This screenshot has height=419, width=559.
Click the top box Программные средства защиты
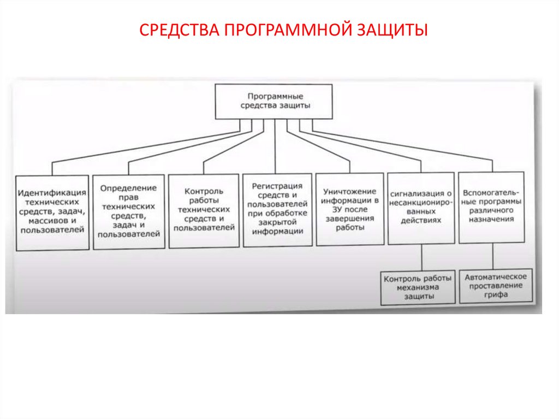[x=273, y=101]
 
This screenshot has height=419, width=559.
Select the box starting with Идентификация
[x=52, y=212]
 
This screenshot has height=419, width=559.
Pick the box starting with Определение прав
[x=128, y=211]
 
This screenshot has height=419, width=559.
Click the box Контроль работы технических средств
[x=204, y=210]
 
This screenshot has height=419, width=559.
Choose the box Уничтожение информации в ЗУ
[x=349, y=209]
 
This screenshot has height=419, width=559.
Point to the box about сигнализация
[x=421, y=208]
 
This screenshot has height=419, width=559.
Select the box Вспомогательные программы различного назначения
[x=491, y=207]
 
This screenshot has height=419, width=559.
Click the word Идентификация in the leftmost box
[x=52, y=193]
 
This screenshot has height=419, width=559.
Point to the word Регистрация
[x=277, y=186]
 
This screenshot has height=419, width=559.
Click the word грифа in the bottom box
[x=496, y=295]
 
